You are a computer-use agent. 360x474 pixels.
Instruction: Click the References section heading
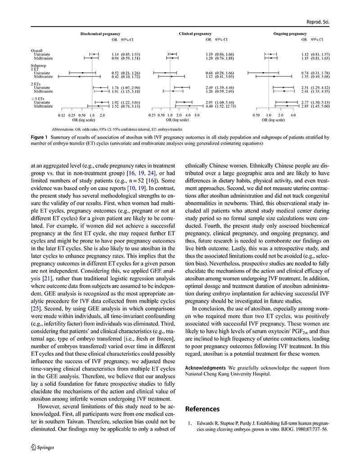coord(202,409)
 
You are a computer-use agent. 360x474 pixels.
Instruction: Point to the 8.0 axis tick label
coord(197,115)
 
